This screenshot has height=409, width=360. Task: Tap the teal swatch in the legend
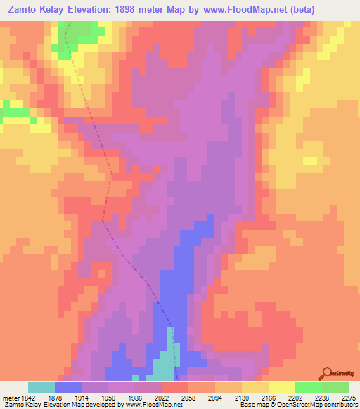click(x=41, y=387)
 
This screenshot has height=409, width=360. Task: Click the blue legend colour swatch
click(x=68, y=387)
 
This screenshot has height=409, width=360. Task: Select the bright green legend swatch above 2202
click(x=309, y=387)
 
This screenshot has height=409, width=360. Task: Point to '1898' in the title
click(x=128, y=9)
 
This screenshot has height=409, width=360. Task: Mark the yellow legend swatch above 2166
click(x=255, y=387)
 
